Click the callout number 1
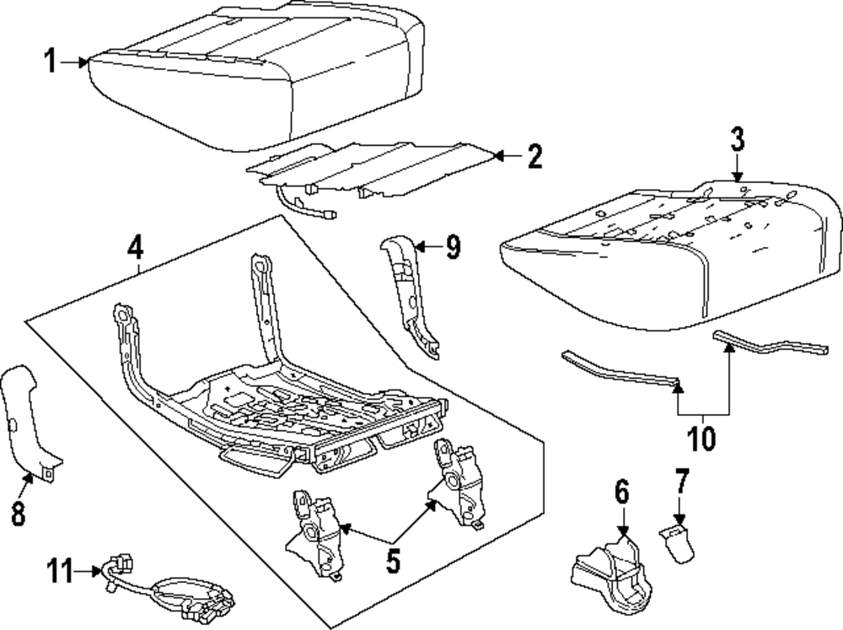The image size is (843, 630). (x=51, y=61)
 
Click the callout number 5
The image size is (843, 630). (x=393, y=561)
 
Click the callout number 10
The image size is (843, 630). (x=702, y=438)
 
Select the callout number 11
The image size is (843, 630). (x=59, y=571)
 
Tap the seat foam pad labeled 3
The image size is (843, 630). (x=666, y=261)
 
